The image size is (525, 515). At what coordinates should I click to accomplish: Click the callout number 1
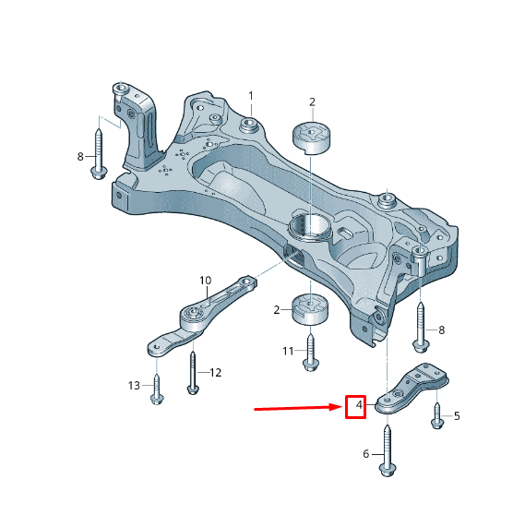click(251, 96)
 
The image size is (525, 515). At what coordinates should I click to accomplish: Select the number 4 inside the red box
click(359, 405)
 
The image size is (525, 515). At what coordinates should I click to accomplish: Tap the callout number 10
click(206, 281)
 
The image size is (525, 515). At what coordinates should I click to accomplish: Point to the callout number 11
click(288, 351)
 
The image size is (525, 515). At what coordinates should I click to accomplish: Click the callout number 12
click(216, 373)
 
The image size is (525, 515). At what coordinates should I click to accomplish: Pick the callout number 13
click(134, 386)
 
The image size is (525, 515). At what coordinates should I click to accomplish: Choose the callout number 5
click(457, 416)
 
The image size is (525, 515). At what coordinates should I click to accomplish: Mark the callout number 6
click(366, 454)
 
